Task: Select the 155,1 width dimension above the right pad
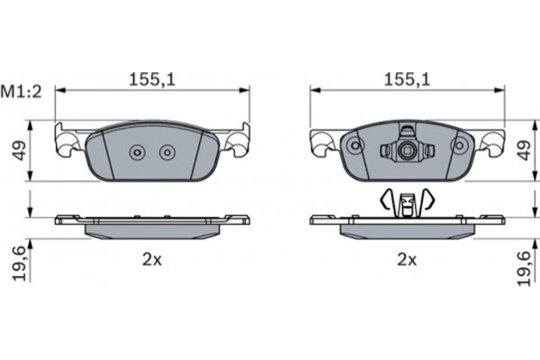[406, 80]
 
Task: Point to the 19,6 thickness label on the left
[17, 264]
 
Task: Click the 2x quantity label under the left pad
[151, 260]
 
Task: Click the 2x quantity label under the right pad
[407, 260]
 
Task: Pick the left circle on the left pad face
[138, 153]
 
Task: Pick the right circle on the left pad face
[166, 153]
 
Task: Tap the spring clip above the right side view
[408, 202]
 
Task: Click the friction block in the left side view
[152, 229]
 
